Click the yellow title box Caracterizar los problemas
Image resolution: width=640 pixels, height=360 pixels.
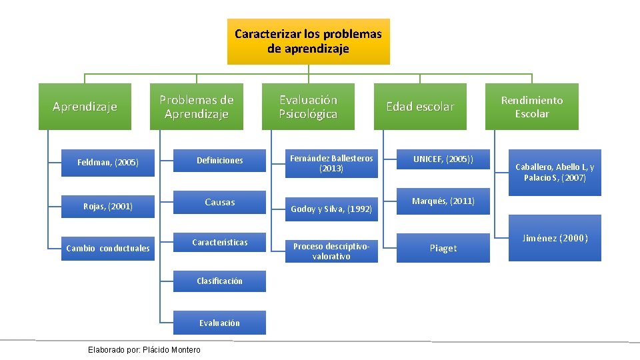coord(308,41)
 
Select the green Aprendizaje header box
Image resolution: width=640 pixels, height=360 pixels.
coord(85,107)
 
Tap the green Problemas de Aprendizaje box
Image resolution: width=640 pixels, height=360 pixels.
coord(196,107)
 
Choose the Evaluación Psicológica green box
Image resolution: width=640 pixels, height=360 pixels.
coord(308,107)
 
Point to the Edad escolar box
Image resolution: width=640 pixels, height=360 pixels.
coord(420,107)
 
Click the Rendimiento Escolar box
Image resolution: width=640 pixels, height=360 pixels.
coord(532,107)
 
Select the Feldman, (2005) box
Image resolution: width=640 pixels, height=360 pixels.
coord(108,162)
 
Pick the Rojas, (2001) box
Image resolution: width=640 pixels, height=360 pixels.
coord(108,207)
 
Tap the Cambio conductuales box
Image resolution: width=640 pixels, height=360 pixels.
coord(108,249)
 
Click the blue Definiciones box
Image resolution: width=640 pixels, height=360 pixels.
coord(219,161)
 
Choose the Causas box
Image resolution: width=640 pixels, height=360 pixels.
coord(219,202)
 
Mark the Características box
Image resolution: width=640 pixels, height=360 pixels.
coord(219,243)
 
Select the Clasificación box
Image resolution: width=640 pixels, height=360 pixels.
coord(219,281)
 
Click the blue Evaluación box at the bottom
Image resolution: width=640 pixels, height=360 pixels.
coord(219,323)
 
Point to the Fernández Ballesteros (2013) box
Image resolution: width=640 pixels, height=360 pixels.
coord(331,163)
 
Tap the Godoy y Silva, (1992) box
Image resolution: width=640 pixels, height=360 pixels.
coord(331,209)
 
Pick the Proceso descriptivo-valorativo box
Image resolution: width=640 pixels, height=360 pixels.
coord(331,251)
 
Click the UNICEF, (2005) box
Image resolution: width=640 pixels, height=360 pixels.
coord(443,160)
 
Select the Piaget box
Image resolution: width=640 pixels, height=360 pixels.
coord(443,248)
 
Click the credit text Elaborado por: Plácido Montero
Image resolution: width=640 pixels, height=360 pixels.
coord(144,350)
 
